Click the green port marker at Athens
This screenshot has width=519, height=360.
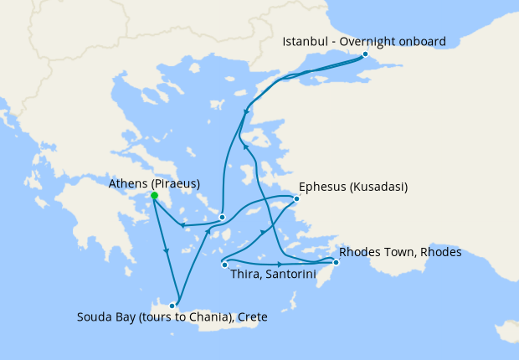tap(154, 196)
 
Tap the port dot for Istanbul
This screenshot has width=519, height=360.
tap(365, 54)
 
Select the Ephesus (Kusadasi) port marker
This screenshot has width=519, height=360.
tap(296, 199)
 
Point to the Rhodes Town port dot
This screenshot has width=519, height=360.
tap(335, 263)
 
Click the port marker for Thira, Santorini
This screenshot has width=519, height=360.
tap(224, 265)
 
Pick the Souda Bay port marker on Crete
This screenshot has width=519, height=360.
tap(172, 305)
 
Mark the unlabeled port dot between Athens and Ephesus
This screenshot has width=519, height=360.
tap(222, 217)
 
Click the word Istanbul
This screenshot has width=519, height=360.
tap(304, 41)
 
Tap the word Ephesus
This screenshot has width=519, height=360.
tap(323, 187)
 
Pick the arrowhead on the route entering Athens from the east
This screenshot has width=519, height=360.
tap(182, 224)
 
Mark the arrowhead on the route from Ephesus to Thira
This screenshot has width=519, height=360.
tap(265, 232)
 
